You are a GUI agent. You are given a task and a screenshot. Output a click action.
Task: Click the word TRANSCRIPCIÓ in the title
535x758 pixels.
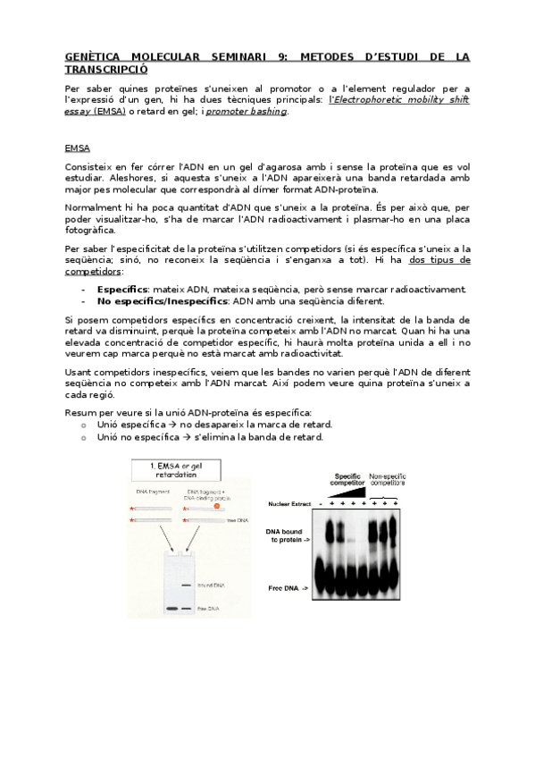(107, 68)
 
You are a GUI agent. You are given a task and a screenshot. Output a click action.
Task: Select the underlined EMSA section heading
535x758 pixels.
(78, 147)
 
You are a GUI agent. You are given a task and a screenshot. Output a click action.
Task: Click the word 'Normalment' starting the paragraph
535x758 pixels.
(93, 206)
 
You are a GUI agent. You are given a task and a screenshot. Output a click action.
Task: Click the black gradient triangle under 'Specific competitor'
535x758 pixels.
(348, 493)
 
